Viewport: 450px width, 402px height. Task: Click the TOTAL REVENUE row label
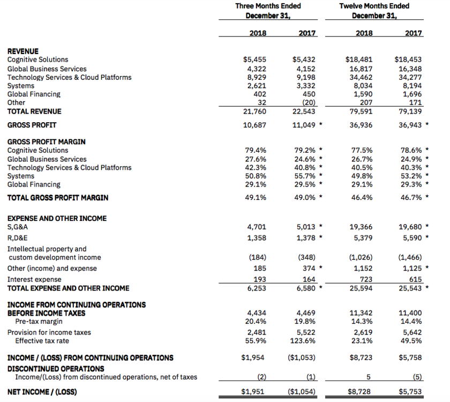click(34, 111)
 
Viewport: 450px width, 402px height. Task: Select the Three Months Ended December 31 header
click(268, 10)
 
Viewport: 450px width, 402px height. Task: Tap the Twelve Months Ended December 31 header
click(374, 10)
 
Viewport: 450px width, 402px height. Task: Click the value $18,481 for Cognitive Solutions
click(361, 60)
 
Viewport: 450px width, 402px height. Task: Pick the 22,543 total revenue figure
click(305, 111)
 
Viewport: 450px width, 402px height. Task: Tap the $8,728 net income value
click(361, 392)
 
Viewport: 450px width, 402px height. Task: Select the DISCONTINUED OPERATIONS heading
click(56, 369)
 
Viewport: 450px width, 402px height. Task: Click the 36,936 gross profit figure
click(361, 125)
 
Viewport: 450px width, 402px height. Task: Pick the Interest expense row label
click(34, 279)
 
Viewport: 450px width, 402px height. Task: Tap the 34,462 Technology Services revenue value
click(361, 77)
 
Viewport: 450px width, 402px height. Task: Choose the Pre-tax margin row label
click(39, 322)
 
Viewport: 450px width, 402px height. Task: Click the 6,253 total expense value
click(255, 288)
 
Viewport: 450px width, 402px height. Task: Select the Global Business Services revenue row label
click(47, 69)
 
